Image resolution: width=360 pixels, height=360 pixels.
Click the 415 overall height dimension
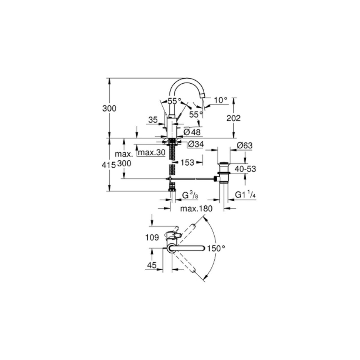[x=109, y=165]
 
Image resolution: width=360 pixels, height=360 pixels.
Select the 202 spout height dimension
[x=233, y=118]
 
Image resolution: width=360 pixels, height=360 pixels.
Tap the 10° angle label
[x=220, y=100]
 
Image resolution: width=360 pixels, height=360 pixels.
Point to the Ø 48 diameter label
[x=192, y=132]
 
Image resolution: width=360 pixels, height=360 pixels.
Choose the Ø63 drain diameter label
[x=244, y=145]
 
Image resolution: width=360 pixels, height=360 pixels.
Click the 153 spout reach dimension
[x=187, y=162]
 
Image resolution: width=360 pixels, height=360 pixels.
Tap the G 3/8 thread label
[x=190, y=195]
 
